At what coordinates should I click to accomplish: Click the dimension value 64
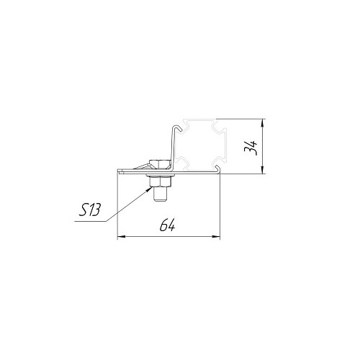tap(168, 225)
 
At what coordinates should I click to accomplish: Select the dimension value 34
tap(251, 148)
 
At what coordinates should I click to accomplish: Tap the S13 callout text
tap(89, 210)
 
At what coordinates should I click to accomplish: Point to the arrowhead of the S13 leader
tap(149, 189)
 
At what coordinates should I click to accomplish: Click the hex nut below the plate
tap(160, 181)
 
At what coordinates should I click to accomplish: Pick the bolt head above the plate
tap(159, 163)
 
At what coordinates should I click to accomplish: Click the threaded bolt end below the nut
tap(160, 194)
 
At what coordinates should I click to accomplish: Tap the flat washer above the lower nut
tap(160, 176)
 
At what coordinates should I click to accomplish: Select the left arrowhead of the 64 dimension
tap(122, 237)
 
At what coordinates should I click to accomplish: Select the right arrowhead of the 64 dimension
tap(216, 237)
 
